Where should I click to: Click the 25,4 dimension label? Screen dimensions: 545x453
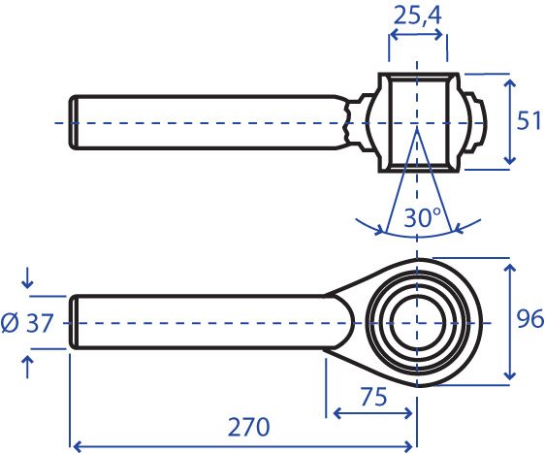tap(417, 16)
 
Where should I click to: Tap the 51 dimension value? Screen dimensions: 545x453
tap(529, 120)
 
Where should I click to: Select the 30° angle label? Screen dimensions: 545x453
tap(422, 217)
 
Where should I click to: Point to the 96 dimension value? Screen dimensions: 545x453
tap(529, 318)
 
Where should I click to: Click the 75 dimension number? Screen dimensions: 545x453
tap(373, 397)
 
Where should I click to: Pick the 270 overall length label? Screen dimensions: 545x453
tap(248, 427)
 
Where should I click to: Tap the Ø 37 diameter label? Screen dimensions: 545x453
tap(27, 323)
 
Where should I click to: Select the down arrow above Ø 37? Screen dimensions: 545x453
tap(27, 279)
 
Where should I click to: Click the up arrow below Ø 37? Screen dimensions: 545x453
tap(27, 367)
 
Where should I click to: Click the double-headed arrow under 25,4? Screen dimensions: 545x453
tap(417, 34)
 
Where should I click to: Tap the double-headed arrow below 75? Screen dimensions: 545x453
tap(372, 413)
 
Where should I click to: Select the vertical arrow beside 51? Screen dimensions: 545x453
tap(509, 121)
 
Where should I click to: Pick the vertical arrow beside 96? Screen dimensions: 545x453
tap(509, 322)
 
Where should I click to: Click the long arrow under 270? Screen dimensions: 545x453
tap(243, 445)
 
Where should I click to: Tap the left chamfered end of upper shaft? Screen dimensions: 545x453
tap(73, 122)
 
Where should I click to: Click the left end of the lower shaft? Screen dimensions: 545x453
tap(73, 322)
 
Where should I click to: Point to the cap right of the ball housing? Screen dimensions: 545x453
tap(477, 122)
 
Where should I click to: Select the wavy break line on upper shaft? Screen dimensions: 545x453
tap(346, 121)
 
